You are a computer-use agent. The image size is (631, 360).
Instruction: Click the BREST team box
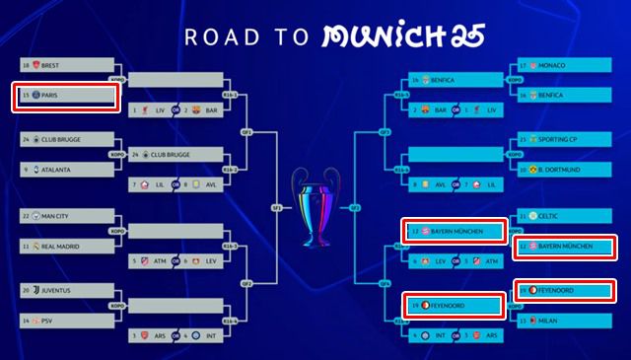65,65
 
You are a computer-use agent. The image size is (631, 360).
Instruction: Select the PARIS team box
65,96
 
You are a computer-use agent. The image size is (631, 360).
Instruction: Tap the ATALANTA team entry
65,169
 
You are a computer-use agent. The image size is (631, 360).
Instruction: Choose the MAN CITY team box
65,215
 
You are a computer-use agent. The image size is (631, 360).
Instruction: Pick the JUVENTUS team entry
65,291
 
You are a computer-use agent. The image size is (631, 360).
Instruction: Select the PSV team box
65,322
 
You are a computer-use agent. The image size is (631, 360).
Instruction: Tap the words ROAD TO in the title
243,36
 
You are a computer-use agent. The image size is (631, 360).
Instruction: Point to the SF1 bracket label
276,207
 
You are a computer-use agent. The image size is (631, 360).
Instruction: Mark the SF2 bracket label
354,207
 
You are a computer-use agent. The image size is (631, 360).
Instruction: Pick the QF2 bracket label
247,283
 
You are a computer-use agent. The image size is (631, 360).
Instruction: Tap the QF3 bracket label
383,131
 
